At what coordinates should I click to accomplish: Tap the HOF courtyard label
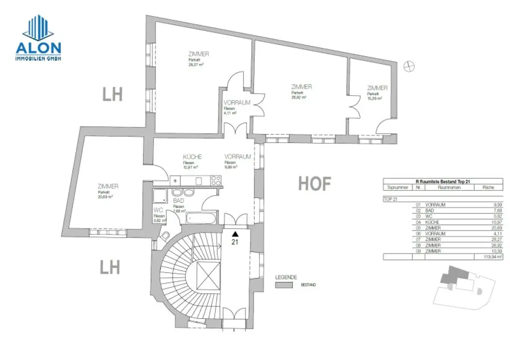coord(314,183)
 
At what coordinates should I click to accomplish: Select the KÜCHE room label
coord(192,157)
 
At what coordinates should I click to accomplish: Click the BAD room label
coord(179,201)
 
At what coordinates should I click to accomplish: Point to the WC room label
coord(159,211)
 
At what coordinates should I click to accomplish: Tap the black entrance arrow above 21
coord(235,233)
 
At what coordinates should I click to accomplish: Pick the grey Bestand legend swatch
coord(283,285)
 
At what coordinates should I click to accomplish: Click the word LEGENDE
coord(286,277)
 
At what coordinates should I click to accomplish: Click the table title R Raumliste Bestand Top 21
coord(442,182)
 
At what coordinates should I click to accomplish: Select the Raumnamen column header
coord(449,188)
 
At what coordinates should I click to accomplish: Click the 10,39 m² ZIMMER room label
coord(377,88)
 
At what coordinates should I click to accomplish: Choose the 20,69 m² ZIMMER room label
coord(108,186)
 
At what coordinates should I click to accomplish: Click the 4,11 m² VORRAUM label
coord(237,103)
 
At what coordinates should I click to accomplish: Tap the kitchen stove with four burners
coord(216,180)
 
